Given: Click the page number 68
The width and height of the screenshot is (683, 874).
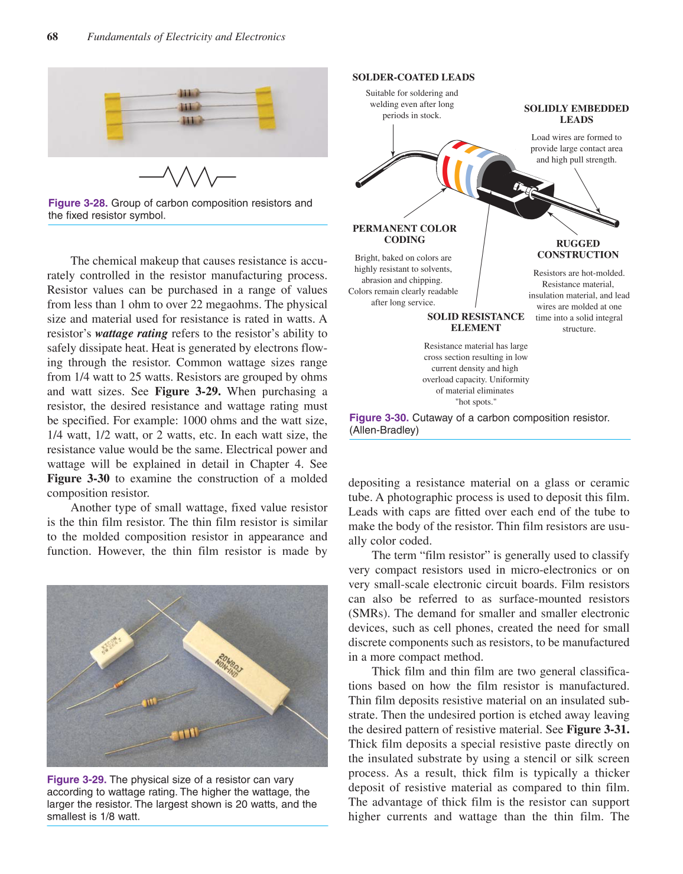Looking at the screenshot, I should pos(53,37).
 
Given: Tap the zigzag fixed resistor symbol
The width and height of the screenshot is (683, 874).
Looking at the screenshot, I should pos(187,176).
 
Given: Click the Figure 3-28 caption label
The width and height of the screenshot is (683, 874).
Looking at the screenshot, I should pos(78,203).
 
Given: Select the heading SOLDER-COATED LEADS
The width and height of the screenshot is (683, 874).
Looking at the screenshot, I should pos(413,77).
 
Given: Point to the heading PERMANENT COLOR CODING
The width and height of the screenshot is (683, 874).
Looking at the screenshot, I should pos(404,234).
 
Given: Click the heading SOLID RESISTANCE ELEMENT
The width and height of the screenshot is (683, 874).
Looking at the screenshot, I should pos(476,322).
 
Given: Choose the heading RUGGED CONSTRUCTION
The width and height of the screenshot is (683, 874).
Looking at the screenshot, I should pos(578,249).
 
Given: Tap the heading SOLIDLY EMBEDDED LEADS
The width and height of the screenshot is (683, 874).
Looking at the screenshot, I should pos(576,114).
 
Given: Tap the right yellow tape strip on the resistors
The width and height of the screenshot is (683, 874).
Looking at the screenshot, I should pos(265,108).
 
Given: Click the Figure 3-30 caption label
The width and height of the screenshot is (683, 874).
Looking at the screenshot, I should pos(379,418).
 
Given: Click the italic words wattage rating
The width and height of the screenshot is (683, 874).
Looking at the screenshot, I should pos(131,334).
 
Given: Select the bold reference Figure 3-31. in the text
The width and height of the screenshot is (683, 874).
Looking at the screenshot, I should pos(597,730).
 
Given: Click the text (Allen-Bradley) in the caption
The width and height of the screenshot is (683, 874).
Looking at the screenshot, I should pos(384,430).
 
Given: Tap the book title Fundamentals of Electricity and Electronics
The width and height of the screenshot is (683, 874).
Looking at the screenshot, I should pos(186,37).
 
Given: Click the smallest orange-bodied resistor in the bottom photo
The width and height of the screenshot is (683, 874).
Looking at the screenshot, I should pos(119,684).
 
